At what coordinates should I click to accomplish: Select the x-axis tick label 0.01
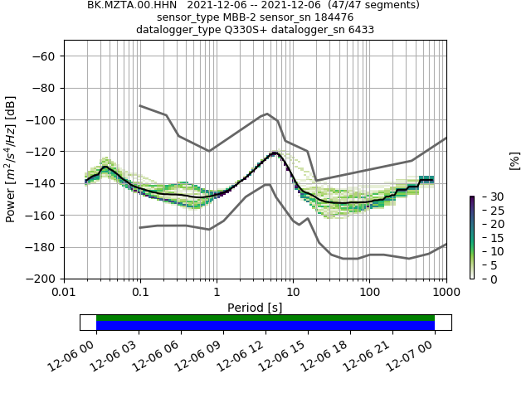(x=64, y=292)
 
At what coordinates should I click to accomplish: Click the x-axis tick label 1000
(x=446, y=292)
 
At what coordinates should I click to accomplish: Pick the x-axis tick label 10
(x=293, y=292)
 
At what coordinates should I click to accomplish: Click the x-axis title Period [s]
(x=255, y=307)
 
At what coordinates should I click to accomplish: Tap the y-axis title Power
(x=12, y=159)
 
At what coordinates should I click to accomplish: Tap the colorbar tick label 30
(x=486, y=197)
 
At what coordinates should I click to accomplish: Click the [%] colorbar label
(x=514, y=160)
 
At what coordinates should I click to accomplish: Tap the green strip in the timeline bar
(x=265, y=318)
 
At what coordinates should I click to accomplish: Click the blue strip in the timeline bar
(x=265, y=326)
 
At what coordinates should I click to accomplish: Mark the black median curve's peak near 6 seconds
(x=275, y=153)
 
